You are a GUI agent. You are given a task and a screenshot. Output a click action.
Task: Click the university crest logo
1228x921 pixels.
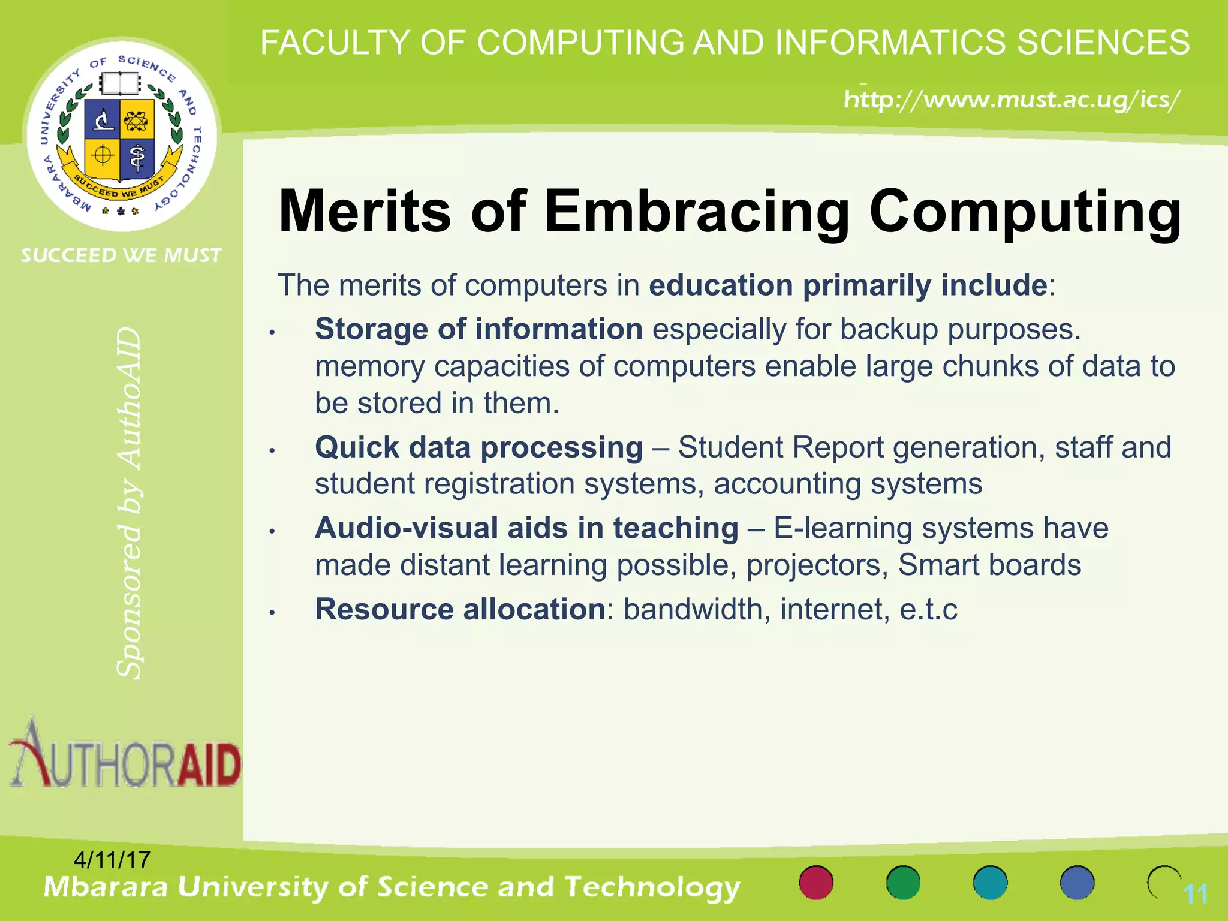pyautogui.click(x=122, y=135)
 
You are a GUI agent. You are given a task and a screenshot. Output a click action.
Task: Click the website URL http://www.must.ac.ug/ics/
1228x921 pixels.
pyautogui.click(x=1012, y=99)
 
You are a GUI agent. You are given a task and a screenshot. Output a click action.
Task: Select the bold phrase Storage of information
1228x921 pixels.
pyautogui.click(x=478, y=329)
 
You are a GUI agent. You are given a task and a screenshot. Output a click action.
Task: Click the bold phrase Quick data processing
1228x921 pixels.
pyautogui.click(x=478, y=447)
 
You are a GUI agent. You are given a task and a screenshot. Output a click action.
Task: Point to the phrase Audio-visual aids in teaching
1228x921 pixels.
pyautogui.click(x=526, y=528)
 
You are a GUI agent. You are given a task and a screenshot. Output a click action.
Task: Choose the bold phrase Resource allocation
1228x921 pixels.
pyautogui.click(x=460, y=609)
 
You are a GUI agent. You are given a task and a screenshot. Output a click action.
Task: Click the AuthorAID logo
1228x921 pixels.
pyautogui.click(x=125, y=754)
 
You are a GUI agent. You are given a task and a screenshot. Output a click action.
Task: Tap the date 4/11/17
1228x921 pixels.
pyautogui.click(x=112, y=860)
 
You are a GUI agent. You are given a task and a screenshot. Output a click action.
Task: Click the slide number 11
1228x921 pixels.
pyautogui.click(x=1196, y=895)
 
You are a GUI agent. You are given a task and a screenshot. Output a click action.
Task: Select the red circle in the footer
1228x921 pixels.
pyautogui.click(x=816, y=883)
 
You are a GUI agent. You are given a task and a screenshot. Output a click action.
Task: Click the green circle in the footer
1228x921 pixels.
pyautogui.click(x=903, y=883)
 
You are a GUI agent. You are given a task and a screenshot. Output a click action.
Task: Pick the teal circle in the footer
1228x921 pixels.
pyautogui.click(x=990, y=883)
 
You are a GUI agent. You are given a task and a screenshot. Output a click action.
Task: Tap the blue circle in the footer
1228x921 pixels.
pyautogui.click(x=1077, y=883)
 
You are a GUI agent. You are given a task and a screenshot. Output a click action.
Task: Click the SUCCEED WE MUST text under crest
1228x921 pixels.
pyautogui.click(x=121, y=255)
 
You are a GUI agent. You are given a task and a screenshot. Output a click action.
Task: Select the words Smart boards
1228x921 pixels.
pyautogui.click(x=989, y=565)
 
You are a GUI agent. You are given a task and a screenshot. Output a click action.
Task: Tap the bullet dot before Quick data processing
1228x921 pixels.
pyautogui.click(x=272, y=450)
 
